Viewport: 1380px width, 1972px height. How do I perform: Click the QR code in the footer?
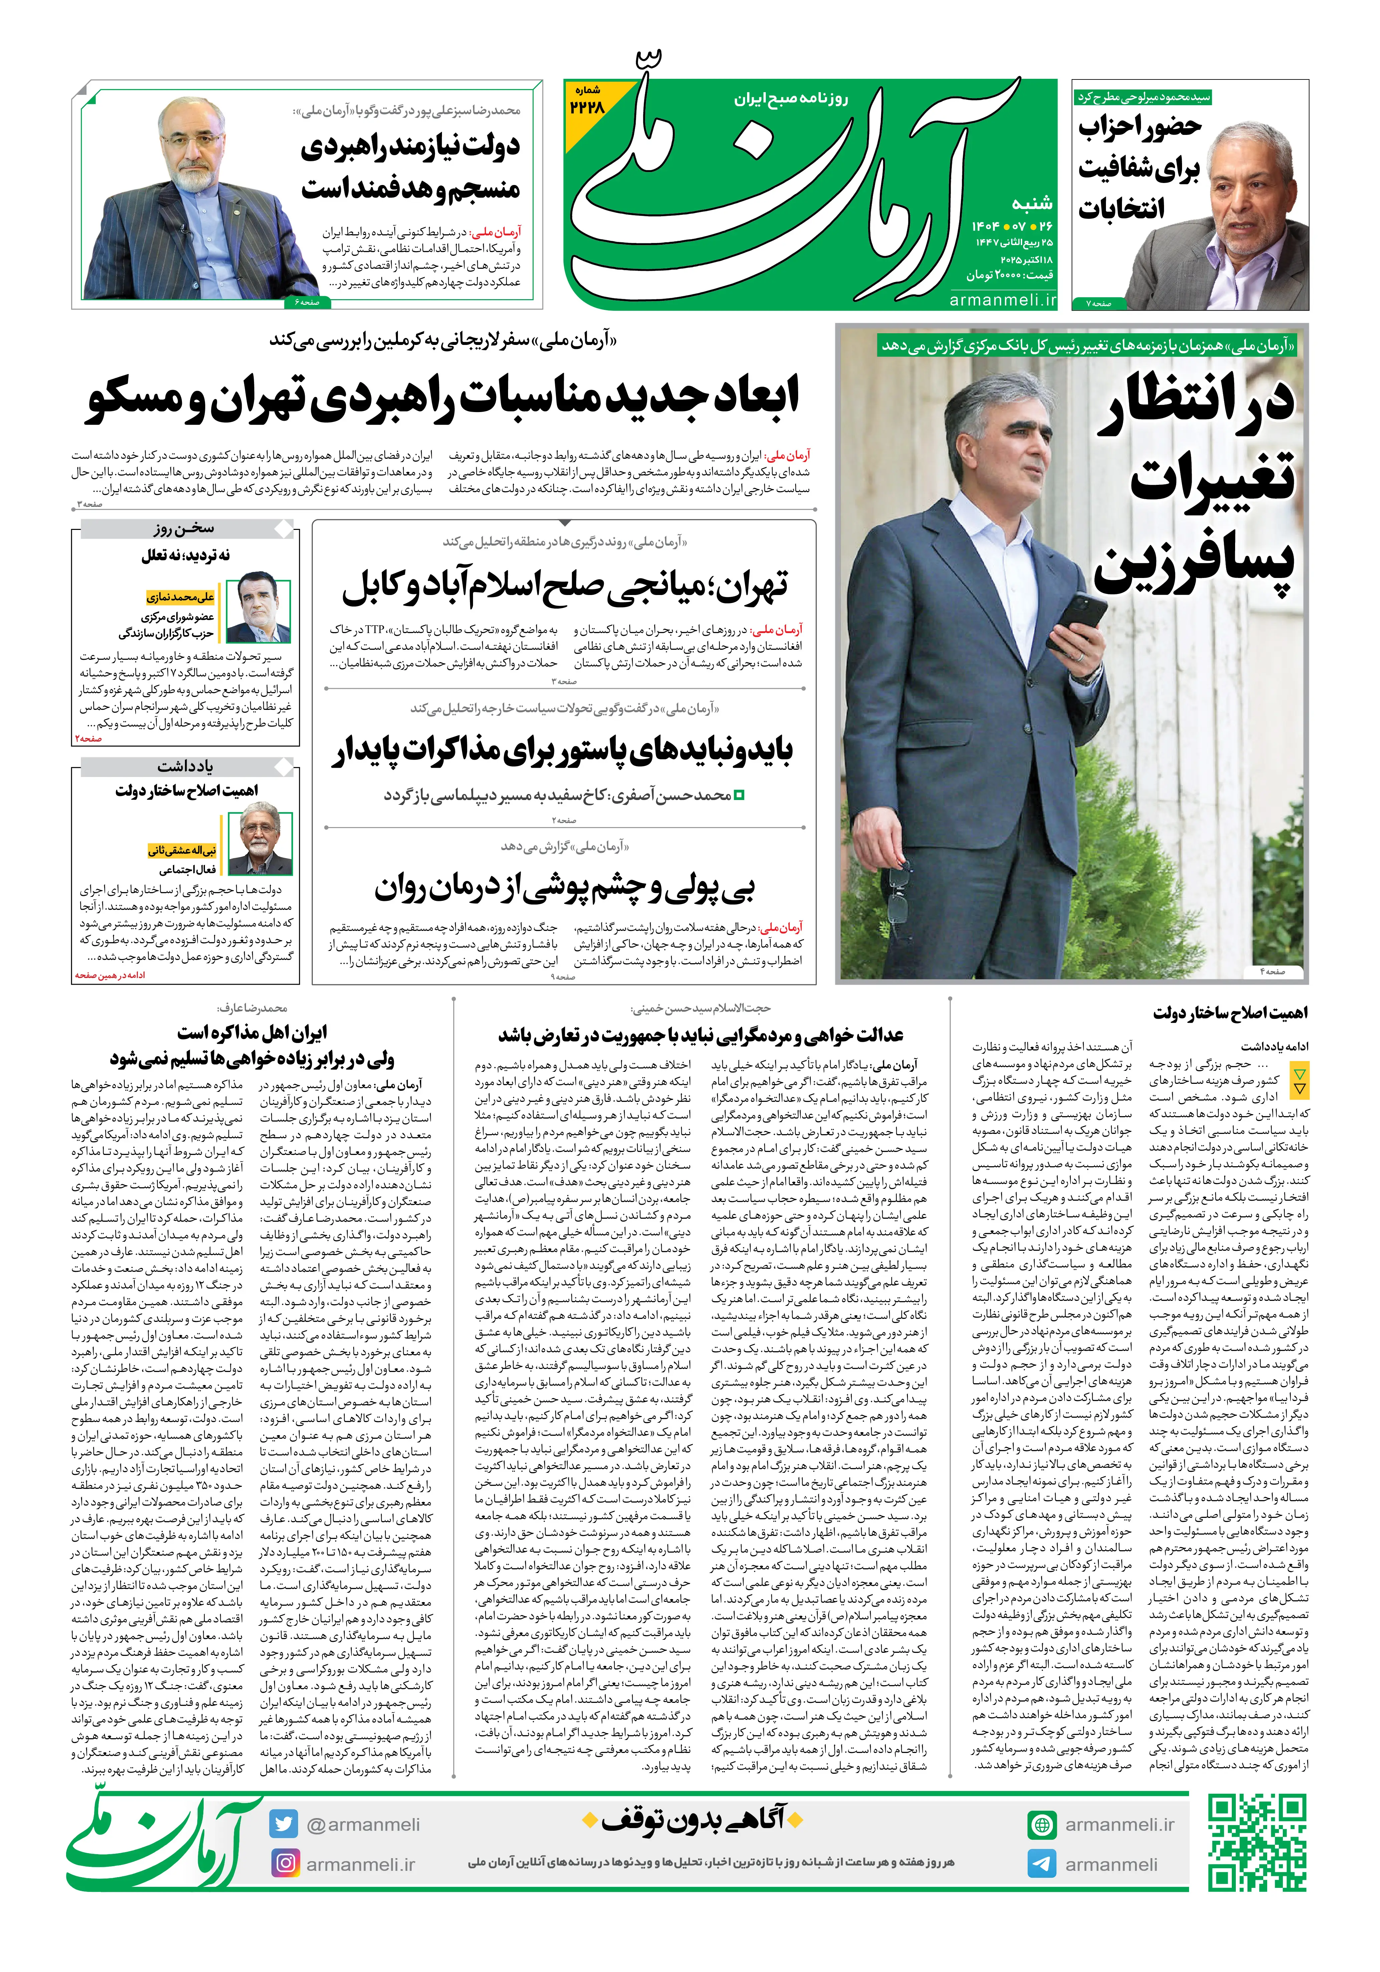tap(1256, 1842)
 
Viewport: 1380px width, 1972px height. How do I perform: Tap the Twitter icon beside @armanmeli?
tap(282, 1823)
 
